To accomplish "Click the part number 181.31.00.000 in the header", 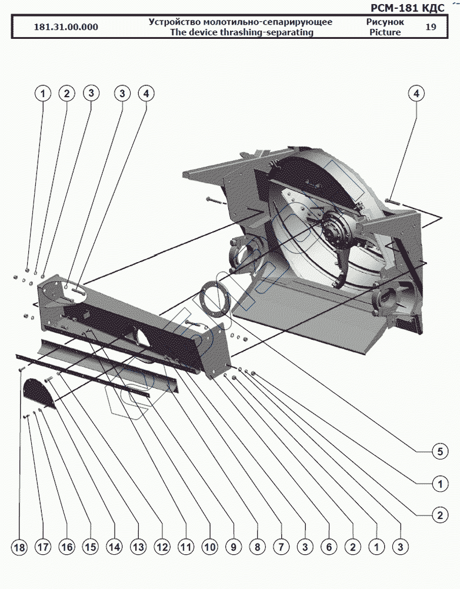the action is tap(66, 27).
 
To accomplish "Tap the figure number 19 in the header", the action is tap(431, 27).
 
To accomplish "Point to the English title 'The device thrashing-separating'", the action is tap(241, 32).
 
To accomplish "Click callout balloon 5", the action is tap(438, 452).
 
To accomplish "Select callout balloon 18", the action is tap(20, 547).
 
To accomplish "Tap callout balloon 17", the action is tap(44, 547).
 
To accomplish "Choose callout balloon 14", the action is tap(114, 547).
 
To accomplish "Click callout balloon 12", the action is tap(162, 547).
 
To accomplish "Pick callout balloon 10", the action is tap(209, 547).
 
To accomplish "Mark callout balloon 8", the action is tap(257, 547).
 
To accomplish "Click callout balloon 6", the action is tap(328, 547).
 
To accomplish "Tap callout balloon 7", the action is tap(281, 547).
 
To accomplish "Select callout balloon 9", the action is tap(233, 547).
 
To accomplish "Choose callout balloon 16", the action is tap(66, 547).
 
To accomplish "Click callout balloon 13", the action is tap(138, 547).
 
